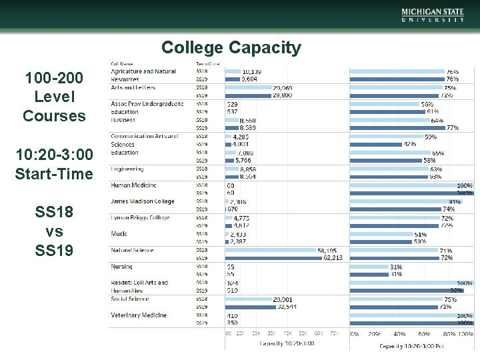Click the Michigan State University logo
click(x=433, y=15)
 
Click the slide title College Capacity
click(x=231, y=48)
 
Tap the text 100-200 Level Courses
click(x=54, y=97)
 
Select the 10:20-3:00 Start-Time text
click(x=54, y=165)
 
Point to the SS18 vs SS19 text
click(x=54, y=231)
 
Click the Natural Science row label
click(x=132, y=250)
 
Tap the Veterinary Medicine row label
click(x=138, y=315)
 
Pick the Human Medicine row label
click(x=133, y=185)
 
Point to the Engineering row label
click(x=127, y=169)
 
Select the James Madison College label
click(x=142, y=201)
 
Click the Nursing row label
click(x=121, y=267)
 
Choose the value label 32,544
click(x=287, y=307)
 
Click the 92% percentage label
click(x=456, y=291)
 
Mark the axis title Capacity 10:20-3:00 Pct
click(x=411, y=345)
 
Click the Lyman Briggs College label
click(x=140, y=217)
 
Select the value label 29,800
click(x=281, y=95)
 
